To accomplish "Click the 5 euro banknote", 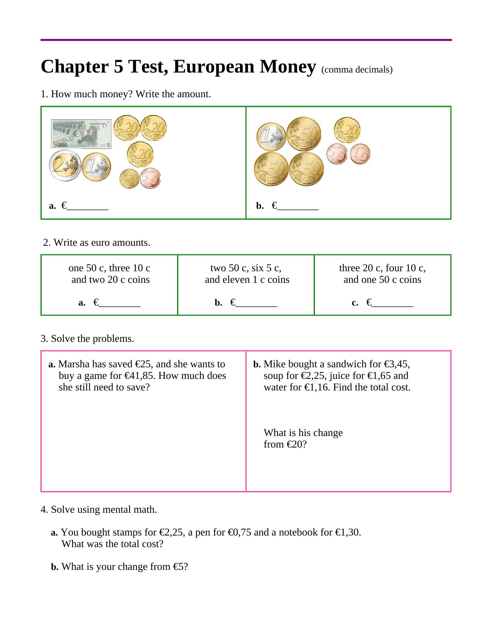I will tap(81, 134).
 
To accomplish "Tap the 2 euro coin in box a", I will tap(65, 166).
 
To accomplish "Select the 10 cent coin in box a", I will tap(129, 179).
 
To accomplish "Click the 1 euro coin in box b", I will tap(271, 137).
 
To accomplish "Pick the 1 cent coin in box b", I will tap(360, 154).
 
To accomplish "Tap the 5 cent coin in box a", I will tap(150, 178).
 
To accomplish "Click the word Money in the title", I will tap(288, 67).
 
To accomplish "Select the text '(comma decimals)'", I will tap(357, 70).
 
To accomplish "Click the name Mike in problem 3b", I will tap(273, 364).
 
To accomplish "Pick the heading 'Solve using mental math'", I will tap(104, 510).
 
